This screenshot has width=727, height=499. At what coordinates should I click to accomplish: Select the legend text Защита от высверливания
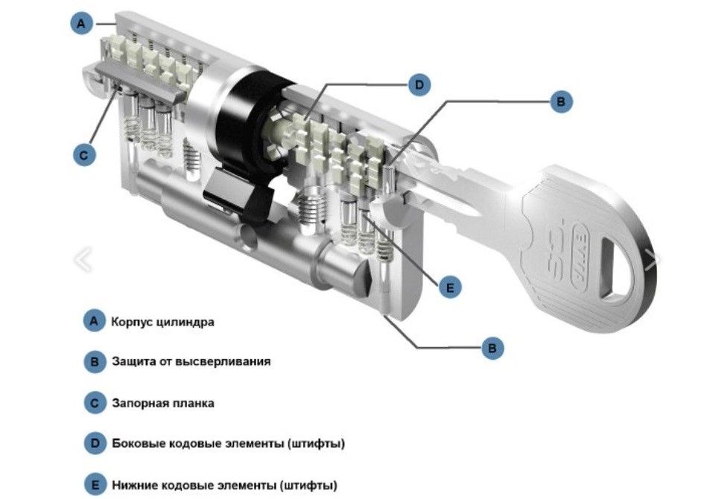click(x=191, y=362)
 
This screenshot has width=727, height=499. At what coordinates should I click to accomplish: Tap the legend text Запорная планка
click(x=162, y=403)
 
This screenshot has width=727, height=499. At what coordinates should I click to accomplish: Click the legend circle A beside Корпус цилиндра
click(x=93, y=322)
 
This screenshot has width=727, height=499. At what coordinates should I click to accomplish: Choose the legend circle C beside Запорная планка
click(x=93, y=403)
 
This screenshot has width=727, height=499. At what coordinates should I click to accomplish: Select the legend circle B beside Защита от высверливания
click(x=93, y=362)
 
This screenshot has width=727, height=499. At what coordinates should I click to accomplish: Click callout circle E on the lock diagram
click(x=449, y=286)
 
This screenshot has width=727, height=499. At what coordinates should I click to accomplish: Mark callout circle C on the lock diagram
click(x=83, y=155)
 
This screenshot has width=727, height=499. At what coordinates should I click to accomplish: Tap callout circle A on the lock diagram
click(x=81, y=24)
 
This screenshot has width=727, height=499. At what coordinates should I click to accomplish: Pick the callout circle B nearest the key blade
click(x=562, y=102)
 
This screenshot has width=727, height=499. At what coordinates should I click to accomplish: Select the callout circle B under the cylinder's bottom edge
click(x=492, y=347)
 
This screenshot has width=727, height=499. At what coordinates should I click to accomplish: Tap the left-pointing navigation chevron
click(x=83, y=259)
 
